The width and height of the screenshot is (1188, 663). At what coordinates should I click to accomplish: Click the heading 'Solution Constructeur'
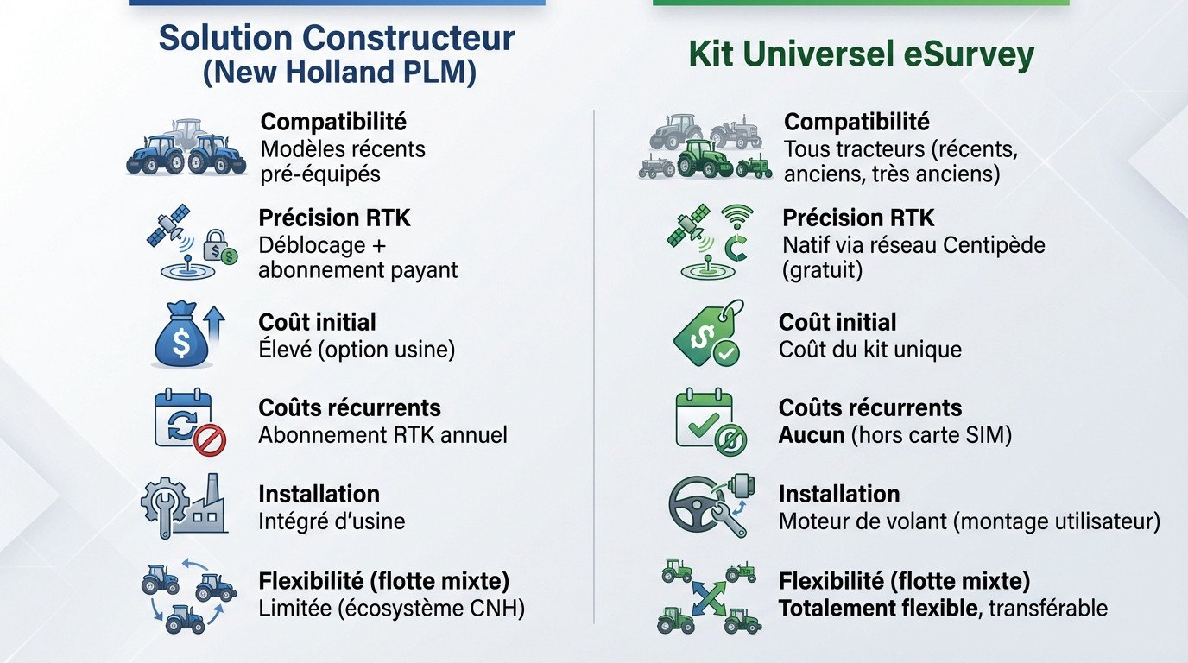[337, 38]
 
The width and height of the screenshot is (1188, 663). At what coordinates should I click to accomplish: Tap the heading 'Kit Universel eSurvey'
[861, 54]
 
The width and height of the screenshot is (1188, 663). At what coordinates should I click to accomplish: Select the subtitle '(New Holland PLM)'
[339, 73]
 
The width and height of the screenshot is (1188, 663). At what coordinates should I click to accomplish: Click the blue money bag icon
[181, 338]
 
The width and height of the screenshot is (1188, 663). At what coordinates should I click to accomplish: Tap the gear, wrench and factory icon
[183, 506]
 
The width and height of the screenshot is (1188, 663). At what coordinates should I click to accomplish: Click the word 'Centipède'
[994, 245]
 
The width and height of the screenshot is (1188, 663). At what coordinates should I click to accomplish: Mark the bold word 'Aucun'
[812, 435]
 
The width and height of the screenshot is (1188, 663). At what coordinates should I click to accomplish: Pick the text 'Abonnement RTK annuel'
[382, 435]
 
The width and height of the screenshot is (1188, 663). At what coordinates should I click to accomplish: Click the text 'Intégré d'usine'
[332, 521]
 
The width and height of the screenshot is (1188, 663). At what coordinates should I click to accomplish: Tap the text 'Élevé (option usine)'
[357, 350]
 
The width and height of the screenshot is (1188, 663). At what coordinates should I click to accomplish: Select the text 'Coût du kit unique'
[869, 350]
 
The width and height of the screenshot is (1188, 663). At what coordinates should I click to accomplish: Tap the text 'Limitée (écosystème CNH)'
[391, 609]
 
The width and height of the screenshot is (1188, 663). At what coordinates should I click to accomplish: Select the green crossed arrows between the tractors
[707, 597]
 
